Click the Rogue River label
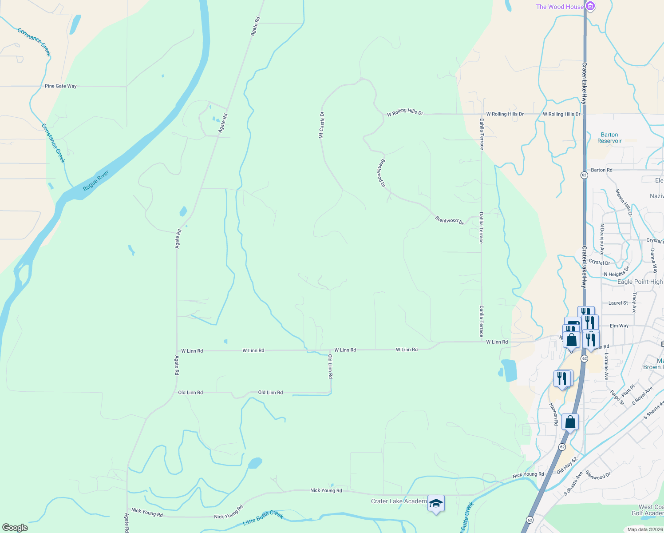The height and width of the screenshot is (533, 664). click(96, 181)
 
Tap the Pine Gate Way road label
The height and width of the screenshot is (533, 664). click(61, 86)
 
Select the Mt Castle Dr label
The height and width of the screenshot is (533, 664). click(322, 125)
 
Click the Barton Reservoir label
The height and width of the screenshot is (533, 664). click(609, 138)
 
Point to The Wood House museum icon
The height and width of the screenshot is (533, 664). click(590, 7)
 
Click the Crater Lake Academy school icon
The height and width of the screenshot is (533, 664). click(436, 503)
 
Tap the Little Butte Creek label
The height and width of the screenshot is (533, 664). click(263, 518)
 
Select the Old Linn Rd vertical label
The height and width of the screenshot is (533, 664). click(330, 366)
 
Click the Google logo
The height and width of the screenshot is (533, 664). click(15, 528)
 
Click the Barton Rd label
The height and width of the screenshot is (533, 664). click(601, 170)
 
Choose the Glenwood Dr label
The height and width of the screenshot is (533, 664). click(598, 475)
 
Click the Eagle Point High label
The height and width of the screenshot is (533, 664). click(640, 282)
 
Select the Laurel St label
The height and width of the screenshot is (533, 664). click(618, 303)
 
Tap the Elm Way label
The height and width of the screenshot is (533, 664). click(619, 326)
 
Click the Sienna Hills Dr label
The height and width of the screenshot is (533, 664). click(624, 203)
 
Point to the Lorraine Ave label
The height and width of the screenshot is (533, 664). click(606, 367)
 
